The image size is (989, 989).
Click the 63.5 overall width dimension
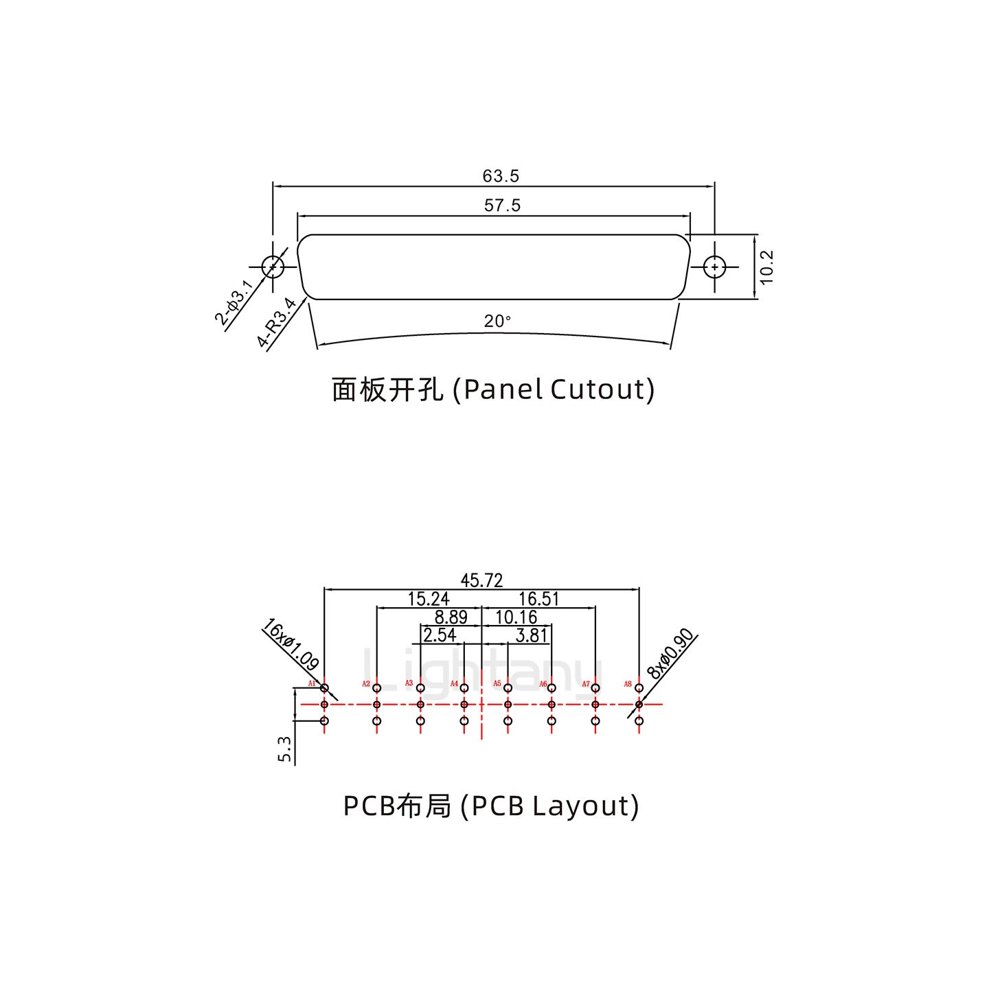501,177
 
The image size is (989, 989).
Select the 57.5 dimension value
502,205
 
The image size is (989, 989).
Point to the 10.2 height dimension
767,266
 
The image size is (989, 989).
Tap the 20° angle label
497,321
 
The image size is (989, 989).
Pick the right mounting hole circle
715,266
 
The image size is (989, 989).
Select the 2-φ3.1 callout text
234,303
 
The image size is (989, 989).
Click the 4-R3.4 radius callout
276,323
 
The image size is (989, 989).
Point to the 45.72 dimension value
481,581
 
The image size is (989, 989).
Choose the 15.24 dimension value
429,599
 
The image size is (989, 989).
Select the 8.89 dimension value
451,617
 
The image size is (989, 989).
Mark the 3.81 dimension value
531,635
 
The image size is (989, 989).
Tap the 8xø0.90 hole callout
672,655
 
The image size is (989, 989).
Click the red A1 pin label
312,684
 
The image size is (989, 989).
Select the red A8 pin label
628,684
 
